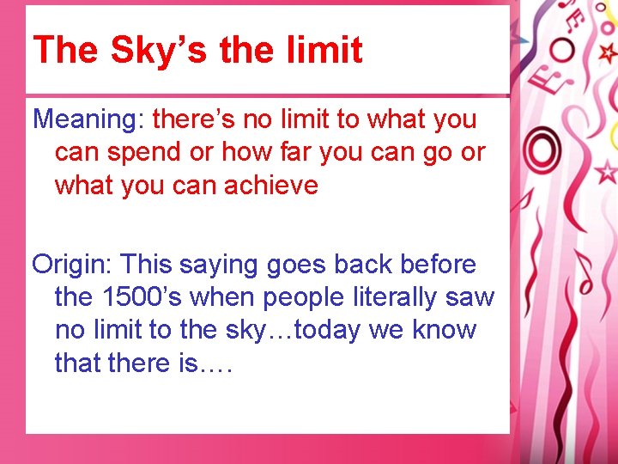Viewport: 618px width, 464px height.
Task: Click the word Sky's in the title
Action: (x=158, y=51)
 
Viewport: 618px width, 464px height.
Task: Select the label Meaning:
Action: (x=88, y=119)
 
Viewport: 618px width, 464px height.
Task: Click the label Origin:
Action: (x=73, y=264)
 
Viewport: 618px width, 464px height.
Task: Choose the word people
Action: (x=301, y=297)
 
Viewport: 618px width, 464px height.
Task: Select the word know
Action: (x=445, y=330)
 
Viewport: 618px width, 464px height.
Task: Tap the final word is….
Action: (x=206, y=363)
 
